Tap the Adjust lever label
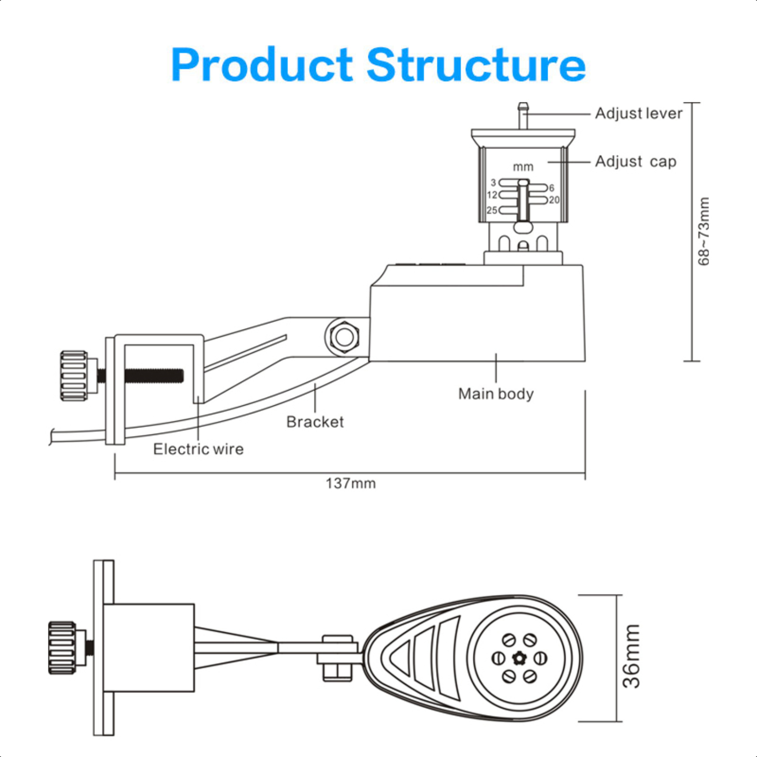(x=638, y=113)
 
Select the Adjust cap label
(x=635, y=161)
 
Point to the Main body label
(x=496, y=394)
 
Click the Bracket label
(x=315, y=422)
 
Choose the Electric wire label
(x=198, y=449)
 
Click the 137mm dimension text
(x=351, y=483)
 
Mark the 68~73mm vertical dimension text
(x=704, y=231)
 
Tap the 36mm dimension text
(x=631, y=656)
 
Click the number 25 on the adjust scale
(x=492, y=210)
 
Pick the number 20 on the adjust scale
(x=554, y=200)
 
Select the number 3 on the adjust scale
(x=494, y=182)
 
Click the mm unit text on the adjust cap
(x=523, y=167)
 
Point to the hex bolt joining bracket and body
(x=344, y=337)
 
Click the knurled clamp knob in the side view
(x=74, y=376)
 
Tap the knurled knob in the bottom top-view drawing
(x=62, y=648)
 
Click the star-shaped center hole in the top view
(x=519, y=658)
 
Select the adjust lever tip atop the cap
(x=523, y=107)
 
